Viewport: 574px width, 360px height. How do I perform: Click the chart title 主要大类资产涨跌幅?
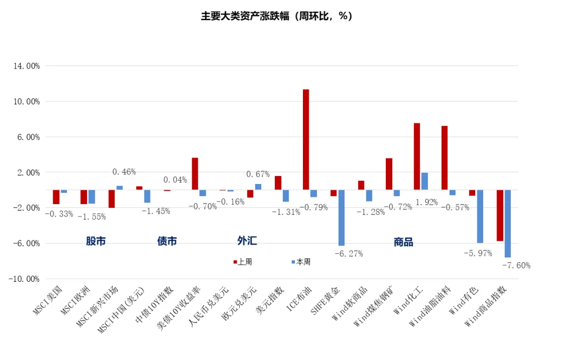tap(276, 16)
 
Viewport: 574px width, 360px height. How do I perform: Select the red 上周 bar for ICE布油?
tap(306, 139)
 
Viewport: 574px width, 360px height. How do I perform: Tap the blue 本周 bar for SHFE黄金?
tap(341, 217)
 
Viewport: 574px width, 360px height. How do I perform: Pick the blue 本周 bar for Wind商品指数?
tap(508, 223)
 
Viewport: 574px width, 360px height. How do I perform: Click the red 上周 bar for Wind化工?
tap(417, 156)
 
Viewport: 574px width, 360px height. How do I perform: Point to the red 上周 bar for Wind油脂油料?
tap(444, 158)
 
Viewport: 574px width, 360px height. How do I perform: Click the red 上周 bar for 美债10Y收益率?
tap(195, 173)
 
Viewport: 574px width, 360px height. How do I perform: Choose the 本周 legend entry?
tap(301, 262)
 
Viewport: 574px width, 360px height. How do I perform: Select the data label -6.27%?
tap(349, 254)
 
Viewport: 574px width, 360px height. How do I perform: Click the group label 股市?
tap(96, 241)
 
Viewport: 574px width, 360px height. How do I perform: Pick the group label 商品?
tap(403, 242)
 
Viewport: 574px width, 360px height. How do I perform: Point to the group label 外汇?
tap(247, 241)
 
